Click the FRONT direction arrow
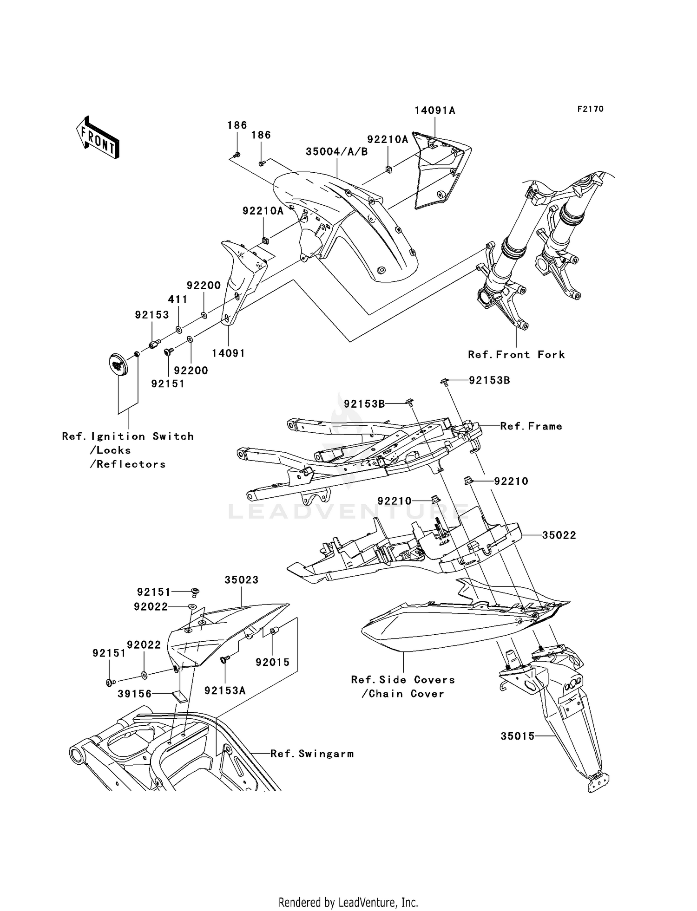(98, 138)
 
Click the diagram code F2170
(590, 109)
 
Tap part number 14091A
(434, 111)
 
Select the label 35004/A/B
(336, 152)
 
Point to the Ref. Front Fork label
(516, 355)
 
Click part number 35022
(559, 535)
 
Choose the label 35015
(517, 736)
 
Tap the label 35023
(241, 580)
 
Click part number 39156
(134, 694)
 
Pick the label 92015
(272, 663)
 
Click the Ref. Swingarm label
(312, 754)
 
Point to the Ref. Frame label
(531, 426)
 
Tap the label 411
(178, 300)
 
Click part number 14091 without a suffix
(228, 353)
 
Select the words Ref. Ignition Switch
(128, 436)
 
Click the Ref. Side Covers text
(403, 680)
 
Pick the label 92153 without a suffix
(152, 315)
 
